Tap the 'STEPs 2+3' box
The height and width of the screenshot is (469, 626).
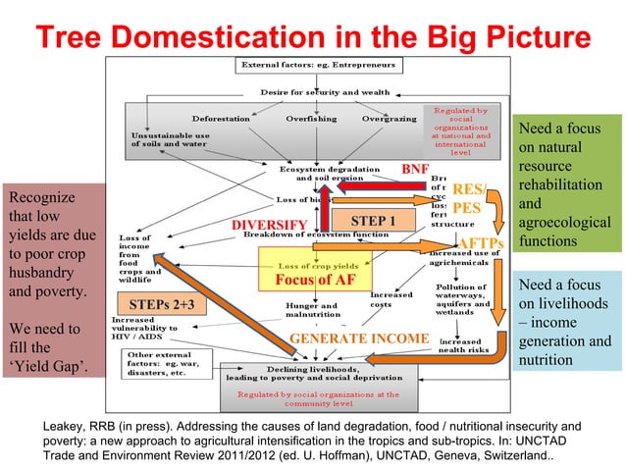pyautogui.click(x=168, y=304)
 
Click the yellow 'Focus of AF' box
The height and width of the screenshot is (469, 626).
pyautogui.click(x=315, y=278)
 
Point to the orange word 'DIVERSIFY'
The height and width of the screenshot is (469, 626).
pyautogui.click(x=269, y=228)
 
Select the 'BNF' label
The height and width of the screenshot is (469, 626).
pyautogui.click(x=416, y=169)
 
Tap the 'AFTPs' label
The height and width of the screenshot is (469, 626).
pyautogui.click(x=482, y=242)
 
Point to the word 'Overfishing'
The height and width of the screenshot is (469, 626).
pyautogui.click(x=313, y=118)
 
